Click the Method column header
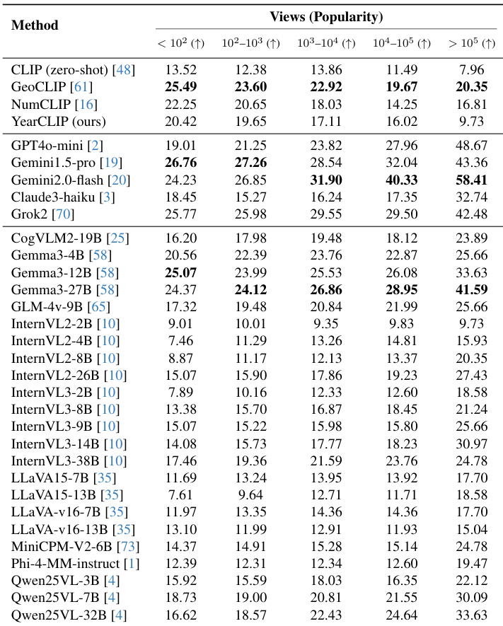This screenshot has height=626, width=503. (35, 25)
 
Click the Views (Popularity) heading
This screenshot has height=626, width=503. (326, 16)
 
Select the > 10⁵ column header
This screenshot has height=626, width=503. (471, 44)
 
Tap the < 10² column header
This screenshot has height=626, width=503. (180, 44)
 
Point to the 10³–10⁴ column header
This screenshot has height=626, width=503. (326, 44)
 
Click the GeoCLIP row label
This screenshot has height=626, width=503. (52, 87)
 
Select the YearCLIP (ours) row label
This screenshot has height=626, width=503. (59, 121)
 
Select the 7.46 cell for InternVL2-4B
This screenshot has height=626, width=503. (180, 342)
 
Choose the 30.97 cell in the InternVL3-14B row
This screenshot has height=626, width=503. (470, 444)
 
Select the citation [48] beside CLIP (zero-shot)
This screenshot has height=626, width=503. (124, 70)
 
